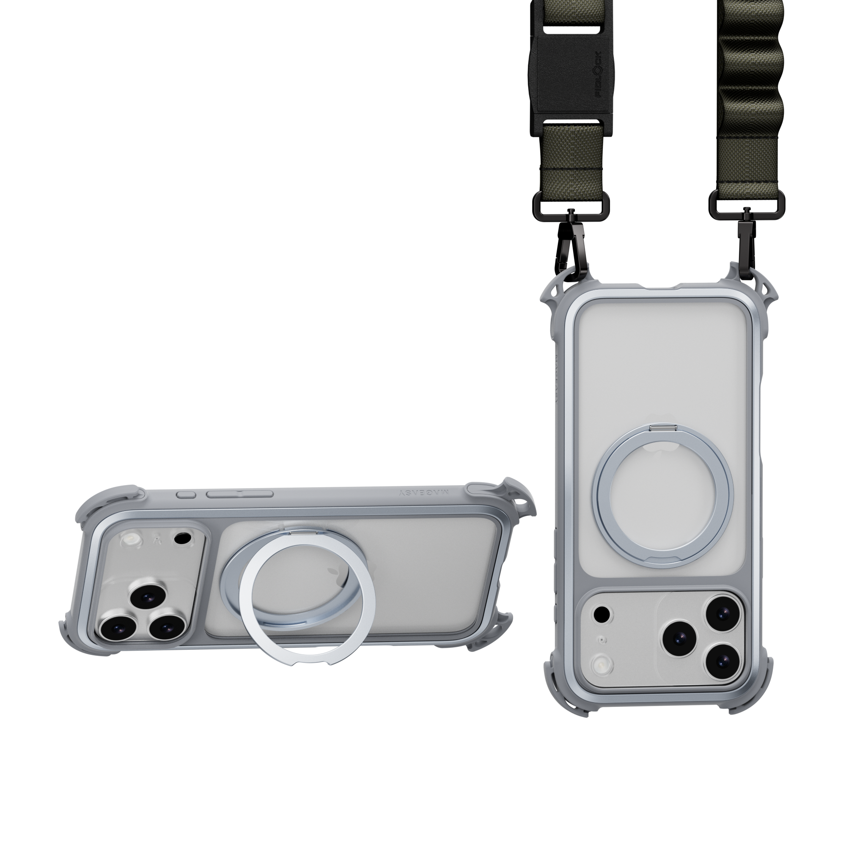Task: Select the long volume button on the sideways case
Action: [240, 494]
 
